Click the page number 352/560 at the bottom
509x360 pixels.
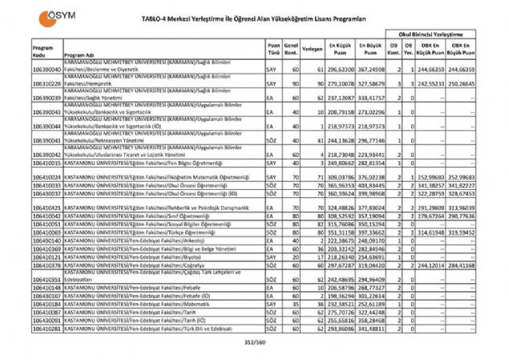tap(254, 342)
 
